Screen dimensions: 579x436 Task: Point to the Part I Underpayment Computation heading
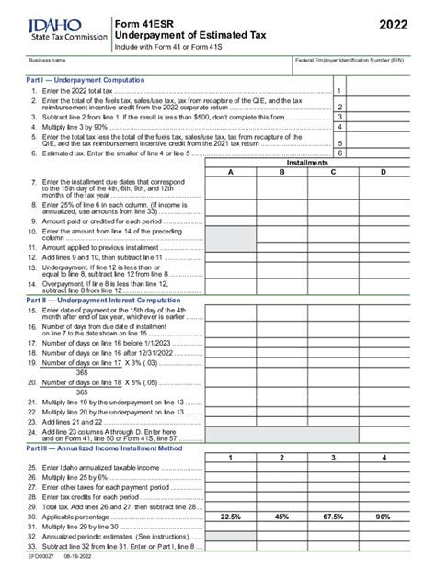click(x=79, y=80)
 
